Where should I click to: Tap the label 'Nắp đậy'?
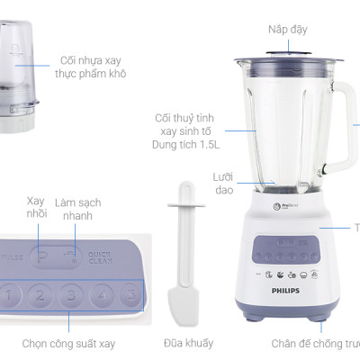[287, 30]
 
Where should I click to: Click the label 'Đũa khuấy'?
[189, 343]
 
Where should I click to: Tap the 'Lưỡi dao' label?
[223, 183]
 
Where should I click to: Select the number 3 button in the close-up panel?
[70, 294]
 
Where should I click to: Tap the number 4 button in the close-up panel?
[103, 293]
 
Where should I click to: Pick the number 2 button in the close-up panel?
[39, 294]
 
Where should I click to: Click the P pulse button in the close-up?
[42, 256]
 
